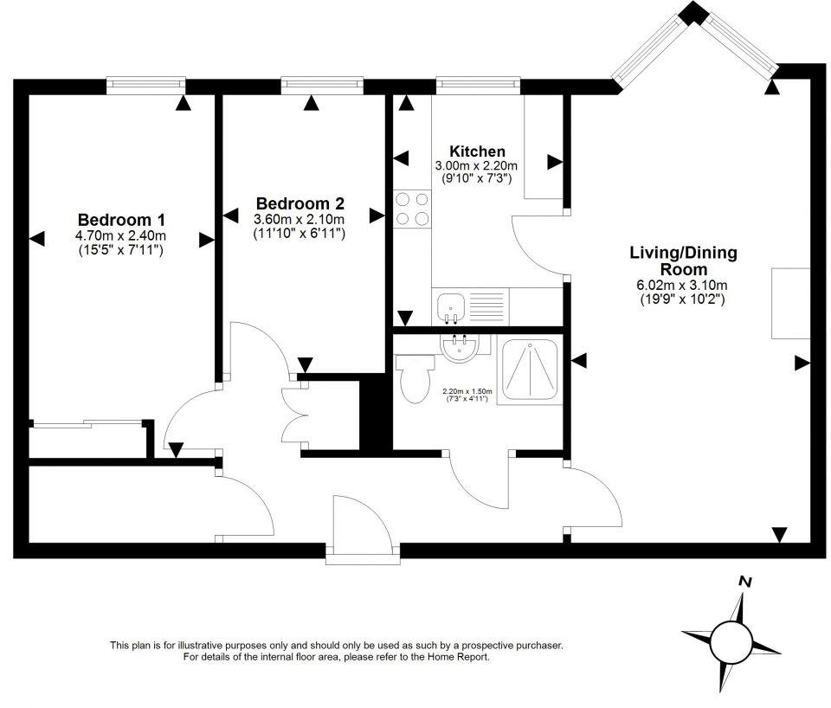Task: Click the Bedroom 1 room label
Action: pyautogui.click(x=121, y=220)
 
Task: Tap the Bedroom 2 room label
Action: pyautogui.click(x=299, y=204)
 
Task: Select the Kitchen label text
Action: pyautogui.click(x=476, y=151)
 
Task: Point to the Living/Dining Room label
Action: pyautogui.click(x=682, y=261)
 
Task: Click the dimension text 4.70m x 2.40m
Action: pyautogui.click(x=121, y=235)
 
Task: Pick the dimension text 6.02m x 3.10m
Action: pyautogui.click(x=681, y=285)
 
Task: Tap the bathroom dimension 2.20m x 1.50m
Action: pyautogui.click(x=468, y=392)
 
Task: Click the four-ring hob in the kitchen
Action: pyautogui.click(x=413, y=209)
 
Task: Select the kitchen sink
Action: pyautogui.click(x=452, y=306)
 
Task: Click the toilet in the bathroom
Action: pyautogui.click(x=414, y=377)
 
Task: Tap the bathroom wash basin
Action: pyautogui.click(x=459, y=348)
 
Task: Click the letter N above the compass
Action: pyautogui.click(x=744, y=582)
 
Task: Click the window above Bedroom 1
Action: pyautogui.click(x=145, y=85)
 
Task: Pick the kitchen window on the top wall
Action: pyautogui.click(x=478, y=85)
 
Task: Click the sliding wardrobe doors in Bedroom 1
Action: pyautogui.click(x=87, y=423)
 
